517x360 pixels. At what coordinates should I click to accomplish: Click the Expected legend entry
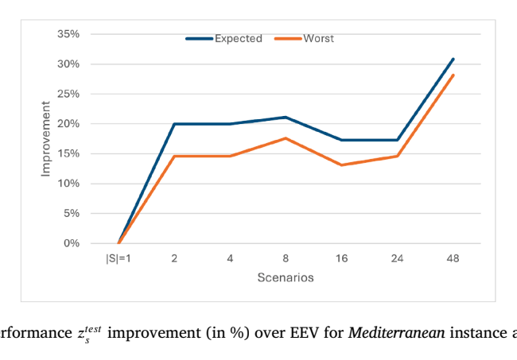pos(224,38)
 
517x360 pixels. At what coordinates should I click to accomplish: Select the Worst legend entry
pos(305,38)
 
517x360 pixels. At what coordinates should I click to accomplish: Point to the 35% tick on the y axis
pos(68,34)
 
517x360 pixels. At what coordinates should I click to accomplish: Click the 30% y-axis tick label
pos(68,64)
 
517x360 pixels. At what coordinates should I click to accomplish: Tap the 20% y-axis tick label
pos(68,124)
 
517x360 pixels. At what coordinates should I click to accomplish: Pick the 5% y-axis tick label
pos(72,214)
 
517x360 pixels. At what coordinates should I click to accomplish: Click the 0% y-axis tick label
pos(72,243)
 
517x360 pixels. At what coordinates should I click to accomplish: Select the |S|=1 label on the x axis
pos(119,258)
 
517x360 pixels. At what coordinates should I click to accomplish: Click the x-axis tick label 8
pos(286,258)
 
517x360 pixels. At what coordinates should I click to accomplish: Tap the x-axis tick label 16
pos(341,258)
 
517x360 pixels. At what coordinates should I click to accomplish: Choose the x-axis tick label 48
pos(453,258)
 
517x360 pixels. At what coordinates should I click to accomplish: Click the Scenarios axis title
pos(286,277)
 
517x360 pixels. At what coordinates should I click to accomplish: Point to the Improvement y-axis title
pos(45,138)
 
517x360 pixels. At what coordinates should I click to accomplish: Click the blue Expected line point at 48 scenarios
pos(453,60)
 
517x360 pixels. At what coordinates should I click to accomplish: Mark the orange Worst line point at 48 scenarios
pos(453,75)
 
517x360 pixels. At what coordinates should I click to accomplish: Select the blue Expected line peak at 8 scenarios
pos(286,118)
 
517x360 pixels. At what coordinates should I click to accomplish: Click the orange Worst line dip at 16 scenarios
pos(341,165)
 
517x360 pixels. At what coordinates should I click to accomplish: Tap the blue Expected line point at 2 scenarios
pos(174,124)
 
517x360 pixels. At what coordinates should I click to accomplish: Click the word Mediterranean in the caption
pos(397,333)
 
